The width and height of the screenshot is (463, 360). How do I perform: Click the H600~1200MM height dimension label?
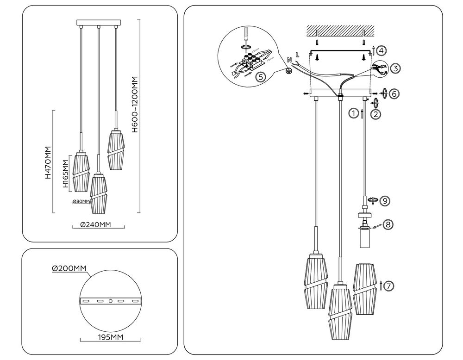(x=135, y=105)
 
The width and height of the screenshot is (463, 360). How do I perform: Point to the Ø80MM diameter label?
(x=81, y=202)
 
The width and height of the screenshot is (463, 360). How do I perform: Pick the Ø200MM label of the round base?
(x=69, y=268)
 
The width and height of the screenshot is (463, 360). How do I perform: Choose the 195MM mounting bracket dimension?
(x=110, y=337)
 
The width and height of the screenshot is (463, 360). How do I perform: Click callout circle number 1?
(x=354, y=112)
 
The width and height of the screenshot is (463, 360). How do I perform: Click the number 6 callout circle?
(x=394, y=93)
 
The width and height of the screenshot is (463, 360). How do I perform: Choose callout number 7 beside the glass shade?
(x=389, y=286)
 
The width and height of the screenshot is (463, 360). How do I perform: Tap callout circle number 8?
(x=388, y=224)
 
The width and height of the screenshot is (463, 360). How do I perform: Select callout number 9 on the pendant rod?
(x=384, y=200)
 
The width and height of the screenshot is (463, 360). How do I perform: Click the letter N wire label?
(x=289, y=60)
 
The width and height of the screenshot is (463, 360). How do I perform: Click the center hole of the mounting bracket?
(x=110, y=301)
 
